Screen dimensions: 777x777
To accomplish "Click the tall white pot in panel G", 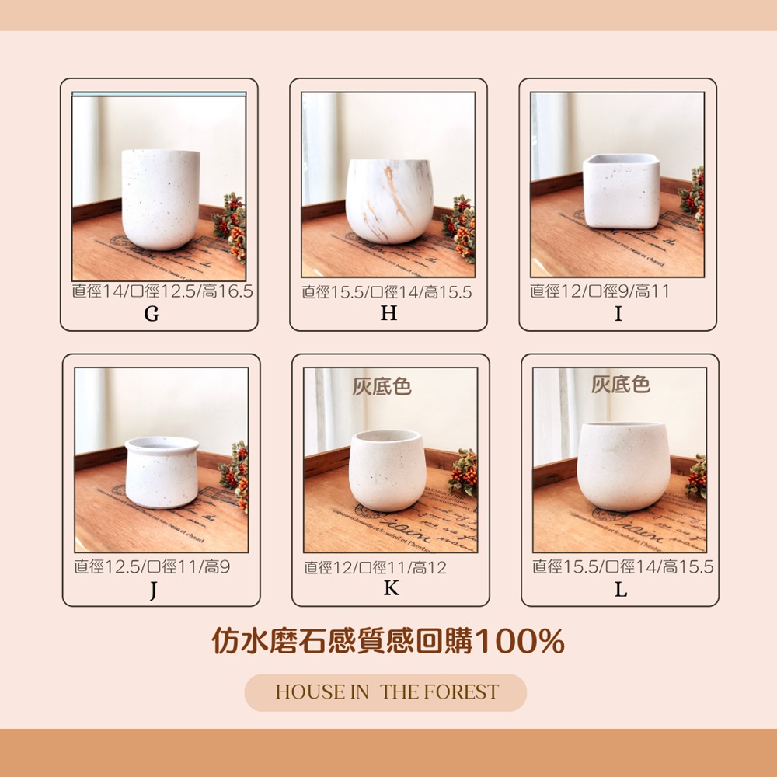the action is point(161,200).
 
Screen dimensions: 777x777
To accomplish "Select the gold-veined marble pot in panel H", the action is point(389,201).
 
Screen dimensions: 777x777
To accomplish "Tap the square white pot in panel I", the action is point(622,191).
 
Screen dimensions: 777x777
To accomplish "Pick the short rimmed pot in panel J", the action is point(162,472).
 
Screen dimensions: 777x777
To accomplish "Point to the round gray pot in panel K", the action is point(387,471).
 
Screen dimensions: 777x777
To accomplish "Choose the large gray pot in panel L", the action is point(623,466).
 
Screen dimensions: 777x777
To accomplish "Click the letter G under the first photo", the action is point(152,314).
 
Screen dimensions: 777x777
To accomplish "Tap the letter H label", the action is point(389,313).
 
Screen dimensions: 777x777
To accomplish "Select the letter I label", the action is point(618,314).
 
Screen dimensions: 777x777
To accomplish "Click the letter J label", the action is point(154,591).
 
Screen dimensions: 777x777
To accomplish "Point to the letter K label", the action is point(392,588).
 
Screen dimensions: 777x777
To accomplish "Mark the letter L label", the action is point(621,590).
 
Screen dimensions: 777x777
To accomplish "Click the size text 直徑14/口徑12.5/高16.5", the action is point(162,291).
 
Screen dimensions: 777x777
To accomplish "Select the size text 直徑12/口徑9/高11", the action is point(600,291).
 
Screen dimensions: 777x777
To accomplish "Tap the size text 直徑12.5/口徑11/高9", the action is point(152,566).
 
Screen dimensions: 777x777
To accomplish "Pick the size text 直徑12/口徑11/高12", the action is point(375,567).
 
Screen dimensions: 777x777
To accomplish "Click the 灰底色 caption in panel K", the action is point(382,386).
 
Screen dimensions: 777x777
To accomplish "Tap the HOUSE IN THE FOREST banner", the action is point(385,692).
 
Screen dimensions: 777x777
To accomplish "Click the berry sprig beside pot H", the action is point(460,228).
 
